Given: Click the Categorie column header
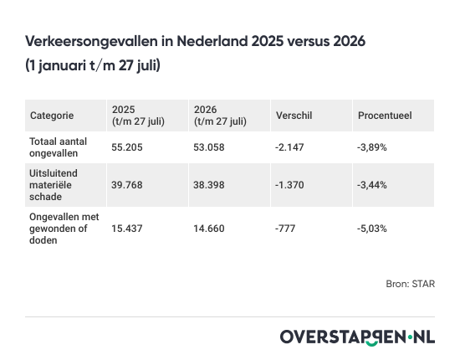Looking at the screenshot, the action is (52, 116).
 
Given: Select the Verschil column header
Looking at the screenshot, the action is (294, 116).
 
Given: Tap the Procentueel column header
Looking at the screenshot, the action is (385, 116).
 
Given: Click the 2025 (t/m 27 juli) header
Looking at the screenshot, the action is (138, 116).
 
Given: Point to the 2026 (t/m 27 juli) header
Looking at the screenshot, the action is (220, 116).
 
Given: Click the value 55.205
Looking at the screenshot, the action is (127, 147).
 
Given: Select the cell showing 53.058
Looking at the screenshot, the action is (209, 147).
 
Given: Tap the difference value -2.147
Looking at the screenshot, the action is (289, 147).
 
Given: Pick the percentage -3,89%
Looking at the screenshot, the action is (372, 147).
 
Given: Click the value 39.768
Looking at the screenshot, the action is (127, 185).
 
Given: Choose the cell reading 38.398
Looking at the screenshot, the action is (209, 185).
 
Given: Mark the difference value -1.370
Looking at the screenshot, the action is (289, 185).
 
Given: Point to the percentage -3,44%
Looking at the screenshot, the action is (372, 185).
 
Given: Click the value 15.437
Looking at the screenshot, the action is (127, 229).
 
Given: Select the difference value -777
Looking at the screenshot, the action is (285, 229).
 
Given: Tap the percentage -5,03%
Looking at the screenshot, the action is (372, 229).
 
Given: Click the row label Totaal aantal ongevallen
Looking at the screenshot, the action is (58, 147).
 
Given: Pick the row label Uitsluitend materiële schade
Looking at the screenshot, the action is (54, 185).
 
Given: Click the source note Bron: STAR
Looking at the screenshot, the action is (411, 284).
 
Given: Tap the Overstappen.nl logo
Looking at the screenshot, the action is (358, 337).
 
